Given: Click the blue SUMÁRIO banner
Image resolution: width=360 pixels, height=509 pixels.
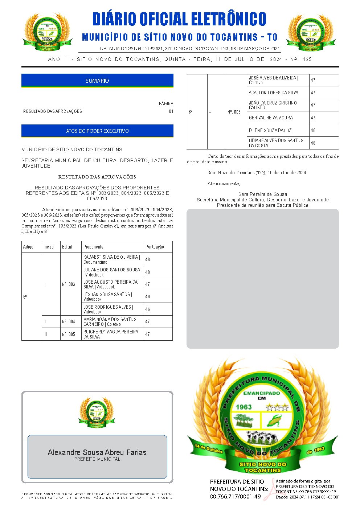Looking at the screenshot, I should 97,81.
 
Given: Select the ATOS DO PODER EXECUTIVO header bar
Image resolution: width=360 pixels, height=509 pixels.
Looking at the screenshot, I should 97,131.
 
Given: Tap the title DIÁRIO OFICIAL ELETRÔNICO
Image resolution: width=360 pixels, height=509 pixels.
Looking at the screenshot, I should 179,19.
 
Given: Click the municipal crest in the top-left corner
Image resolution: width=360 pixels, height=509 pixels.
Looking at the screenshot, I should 45,32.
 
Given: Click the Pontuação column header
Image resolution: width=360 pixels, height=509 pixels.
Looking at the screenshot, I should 155,247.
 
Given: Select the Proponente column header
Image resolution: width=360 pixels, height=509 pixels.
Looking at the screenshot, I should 93,247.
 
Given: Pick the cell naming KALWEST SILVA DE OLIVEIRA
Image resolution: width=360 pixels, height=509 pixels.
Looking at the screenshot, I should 112,259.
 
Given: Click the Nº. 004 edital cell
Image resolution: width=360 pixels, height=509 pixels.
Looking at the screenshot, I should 69,322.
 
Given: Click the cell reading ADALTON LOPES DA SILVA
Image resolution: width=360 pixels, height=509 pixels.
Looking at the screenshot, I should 274,93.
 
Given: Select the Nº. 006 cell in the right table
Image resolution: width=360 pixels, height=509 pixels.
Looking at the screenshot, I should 234,112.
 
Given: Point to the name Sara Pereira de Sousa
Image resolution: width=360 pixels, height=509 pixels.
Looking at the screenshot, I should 262,194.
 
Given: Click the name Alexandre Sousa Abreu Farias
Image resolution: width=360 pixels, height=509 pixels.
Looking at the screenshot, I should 97,452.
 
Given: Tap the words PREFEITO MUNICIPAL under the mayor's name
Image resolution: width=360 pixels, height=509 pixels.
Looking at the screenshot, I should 97,459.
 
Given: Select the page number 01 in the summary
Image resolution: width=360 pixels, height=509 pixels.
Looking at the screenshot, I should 171,111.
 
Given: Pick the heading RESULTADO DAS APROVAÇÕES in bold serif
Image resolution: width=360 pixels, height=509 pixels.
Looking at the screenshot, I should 97,177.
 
